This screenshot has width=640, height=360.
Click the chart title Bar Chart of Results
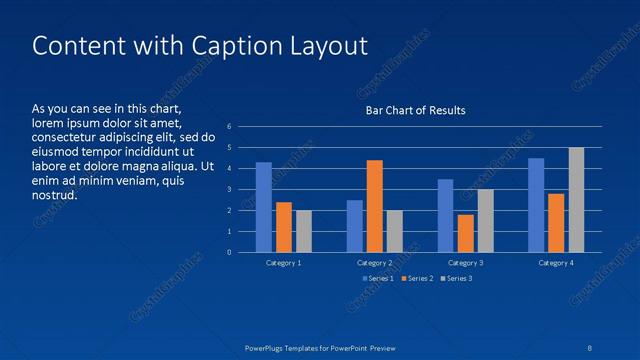pyautogui.click(x=415, y=110)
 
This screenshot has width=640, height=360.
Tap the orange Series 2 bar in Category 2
pyautogui.click(x=375, y=206)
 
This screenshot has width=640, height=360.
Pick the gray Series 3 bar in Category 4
pyautogui.click(x=576, y=200)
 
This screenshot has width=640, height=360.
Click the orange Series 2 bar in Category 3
pyautogui.click(x=466, y=233)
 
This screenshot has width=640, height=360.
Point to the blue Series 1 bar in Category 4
pyautogui.click(x=536, y=205)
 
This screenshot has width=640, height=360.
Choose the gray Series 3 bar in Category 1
pyautogui.click(x=304, y=231)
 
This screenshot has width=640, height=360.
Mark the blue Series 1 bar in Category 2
pyautogui.click(x=355, y=226)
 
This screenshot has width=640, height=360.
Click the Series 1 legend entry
pyautogui.click(x=378, y=278)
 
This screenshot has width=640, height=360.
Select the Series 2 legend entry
pyautogui.click(x=417, y=278)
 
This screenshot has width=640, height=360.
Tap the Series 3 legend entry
pyautogui.click(x=456, y=278)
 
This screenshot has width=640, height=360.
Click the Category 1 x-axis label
pyautogui.click(x=284, y=262)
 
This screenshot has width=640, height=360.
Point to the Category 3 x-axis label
pyautogui.click(x=466, y=262)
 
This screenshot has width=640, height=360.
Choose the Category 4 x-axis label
pyautogui.click(x=556, y=262)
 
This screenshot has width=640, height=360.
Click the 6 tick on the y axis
pyautogui.click(x=230, y=127)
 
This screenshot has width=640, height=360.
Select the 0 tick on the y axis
pyautogui.click(x=230, y=252)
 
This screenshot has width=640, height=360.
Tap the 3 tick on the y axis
pyautogui.click(x=230, y=190)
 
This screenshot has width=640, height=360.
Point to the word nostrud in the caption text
pyautogui.click(x=54, y=195)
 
